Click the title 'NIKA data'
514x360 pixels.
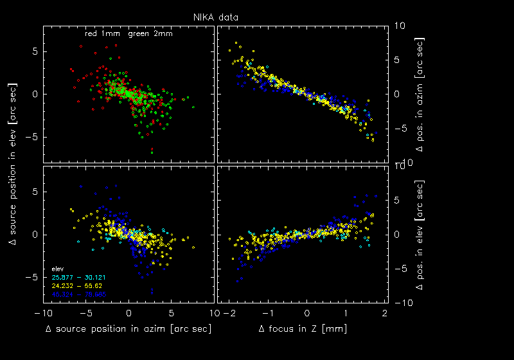(x=220, y=18)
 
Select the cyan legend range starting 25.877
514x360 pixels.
(x=78, y=277)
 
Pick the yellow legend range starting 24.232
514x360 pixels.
(x=78, y=285)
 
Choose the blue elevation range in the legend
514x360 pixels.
(x=78, y=294)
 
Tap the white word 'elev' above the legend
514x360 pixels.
(x=57, y=268)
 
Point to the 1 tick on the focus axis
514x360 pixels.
(x=346, y=313)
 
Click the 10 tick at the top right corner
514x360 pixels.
(x=400, y=26)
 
